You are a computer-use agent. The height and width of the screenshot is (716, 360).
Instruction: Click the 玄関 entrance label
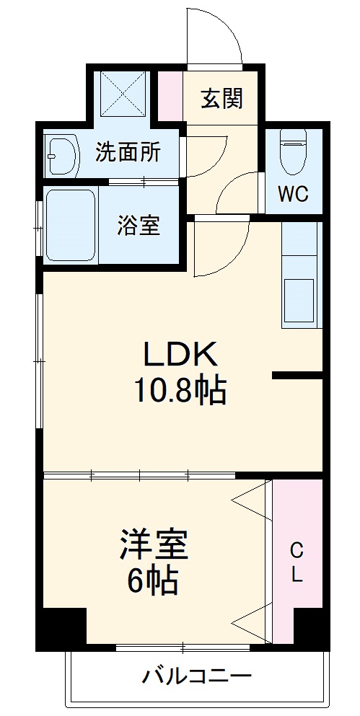(221, 99)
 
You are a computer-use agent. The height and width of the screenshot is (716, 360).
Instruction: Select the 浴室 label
(139, 226)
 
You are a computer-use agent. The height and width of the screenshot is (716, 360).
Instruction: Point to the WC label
(294, 195)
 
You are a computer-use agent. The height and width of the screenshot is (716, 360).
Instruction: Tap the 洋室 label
(154, 546)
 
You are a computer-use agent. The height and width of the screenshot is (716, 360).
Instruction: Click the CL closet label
(297, 564)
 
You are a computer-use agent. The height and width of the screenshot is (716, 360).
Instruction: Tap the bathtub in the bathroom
(70, 226)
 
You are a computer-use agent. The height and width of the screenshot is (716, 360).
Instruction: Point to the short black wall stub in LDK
(297, 375)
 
